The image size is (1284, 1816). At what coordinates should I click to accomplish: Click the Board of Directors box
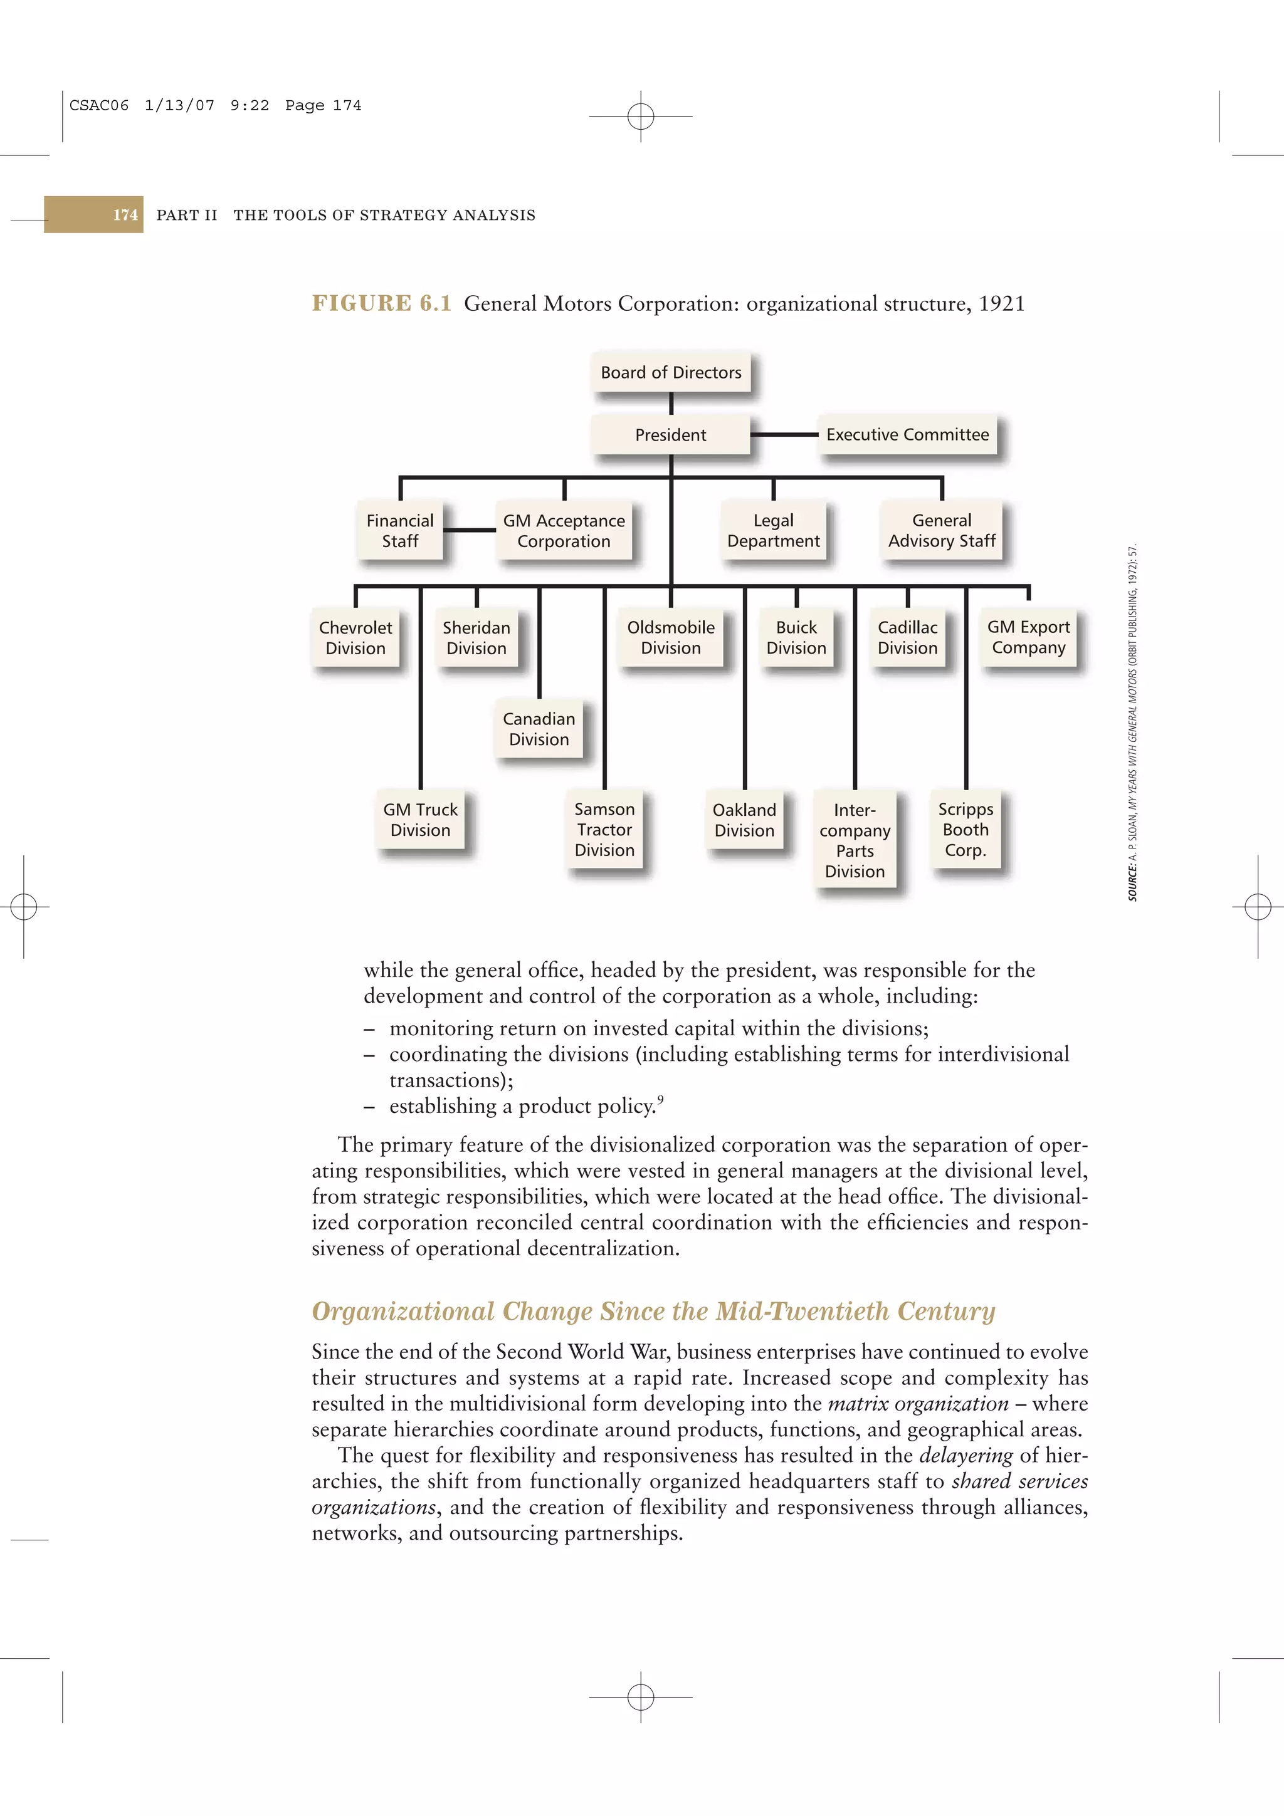[671, 372]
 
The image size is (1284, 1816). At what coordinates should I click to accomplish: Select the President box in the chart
[671, 434]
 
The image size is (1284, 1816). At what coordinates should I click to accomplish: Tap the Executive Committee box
[907, 434]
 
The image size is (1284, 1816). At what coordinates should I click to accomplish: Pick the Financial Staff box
[401, 531]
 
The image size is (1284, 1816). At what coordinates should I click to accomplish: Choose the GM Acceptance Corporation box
[564, 531]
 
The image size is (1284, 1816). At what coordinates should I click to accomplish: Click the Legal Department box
[774, 531]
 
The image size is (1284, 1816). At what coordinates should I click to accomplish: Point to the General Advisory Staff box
[942, 531]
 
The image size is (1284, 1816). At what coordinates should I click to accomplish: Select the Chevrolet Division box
[356, 637]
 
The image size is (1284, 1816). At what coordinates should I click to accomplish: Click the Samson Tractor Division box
[604, 830]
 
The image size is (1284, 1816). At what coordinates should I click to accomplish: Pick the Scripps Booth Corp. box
[965, 830]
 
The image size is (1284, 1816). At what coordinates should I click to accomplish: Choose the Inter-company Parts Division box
[855, 840]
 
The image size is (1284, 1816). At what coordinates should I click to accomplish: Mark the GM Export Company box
[1028, 637]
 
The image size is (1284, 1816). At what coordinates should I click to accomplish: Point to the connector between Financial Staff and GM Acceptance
[470, 530]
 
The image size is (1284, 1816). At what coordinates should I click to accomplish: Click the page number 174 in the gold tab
[125, 215]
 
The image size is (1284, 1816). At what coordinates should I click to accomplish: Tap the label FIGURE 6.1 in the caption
[381, 304]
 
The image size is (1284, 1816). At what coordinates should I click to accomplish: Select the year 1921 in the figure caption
[1002, 304]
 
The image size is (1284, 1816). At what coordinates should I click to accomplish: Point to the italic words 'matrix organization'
[918, 1404]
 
